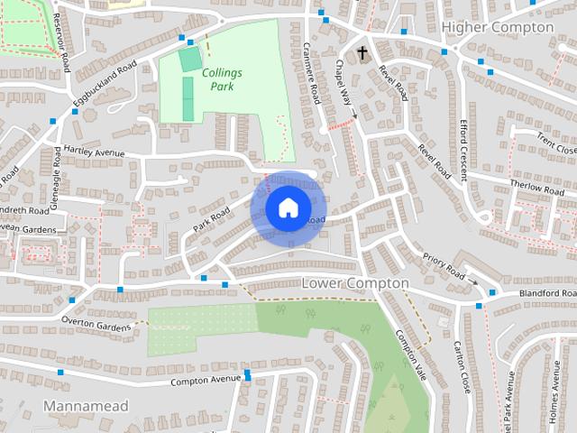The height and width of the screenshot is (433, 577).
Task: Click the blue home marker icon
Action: [287, 207]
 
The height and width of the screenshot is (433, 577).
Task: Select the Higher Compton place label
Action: [497, 27]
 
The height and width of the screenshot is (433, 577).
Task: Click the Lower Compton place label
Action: [354, 283]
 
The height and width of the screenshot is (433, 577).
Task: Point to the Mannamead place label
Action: [86, 406]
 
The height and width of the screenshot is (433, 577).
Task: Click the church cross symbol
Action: [362, 53]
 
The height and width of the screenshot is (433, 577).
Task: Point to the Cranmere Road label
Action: [312, 72]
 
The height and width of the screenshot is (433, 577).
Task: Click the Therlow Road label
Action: [536, 187]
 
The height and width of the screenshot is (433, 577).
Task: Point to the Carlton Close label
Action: [462, 367]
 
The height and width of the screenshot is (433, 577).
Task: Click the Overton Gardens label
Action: [96, 322]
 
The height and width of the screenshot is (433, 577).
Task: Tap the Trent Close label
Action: [555, 143]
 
